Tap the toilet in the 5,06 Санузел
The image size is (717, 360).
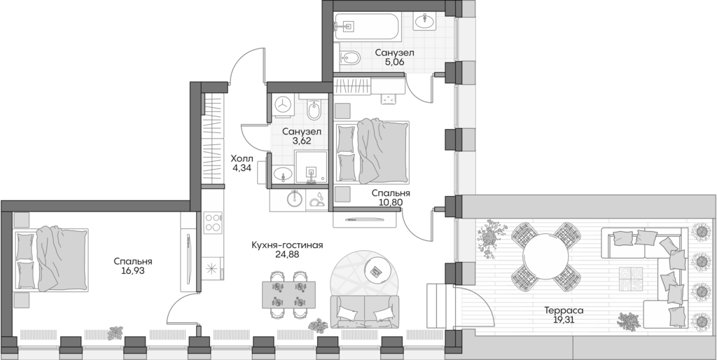347,58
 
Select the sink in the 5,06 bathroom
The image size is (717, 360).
425,22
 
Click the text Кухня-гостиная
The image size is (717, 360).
288,245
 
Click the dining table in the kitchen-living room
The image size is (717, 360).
288,294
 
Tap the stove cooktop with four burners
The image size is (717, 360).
212,224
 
